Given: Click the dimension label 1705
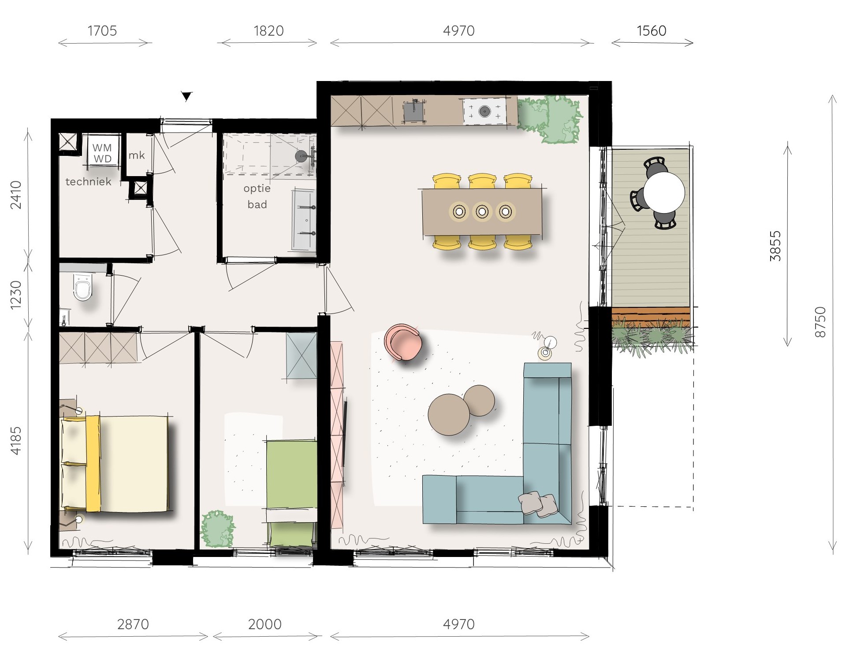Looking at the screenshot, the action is click(102, 31).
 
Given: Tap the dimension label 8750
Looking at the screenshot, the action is click(820, 322).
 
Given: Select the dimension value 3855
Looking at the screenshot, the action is click(775, 246).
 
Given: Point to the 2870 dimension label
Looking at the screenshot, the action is click(133, 624).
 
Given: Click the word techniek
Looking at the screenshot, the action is click(88, 181).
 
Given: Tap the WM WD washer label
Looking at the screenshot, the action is click(102, 153).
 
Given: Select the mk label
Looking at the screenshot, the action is click(137, 155).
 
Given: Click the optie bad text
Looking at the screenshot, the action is click(257, 196).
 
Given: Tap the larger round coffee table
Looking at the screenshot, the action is click(449, 414).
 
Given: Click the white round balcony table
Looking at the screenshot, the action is click(664, 192).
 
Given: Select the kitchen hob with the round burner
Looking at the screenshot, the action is click(484, 111).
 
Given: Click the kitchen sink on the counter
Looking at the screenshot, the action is click(414, 111).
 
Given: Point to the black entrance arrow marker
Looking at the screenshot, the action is click(187, 96).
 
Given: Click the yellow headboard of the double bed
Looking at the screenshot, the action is click(93, 463).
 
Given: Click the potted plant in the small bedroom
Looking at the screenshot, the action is click(218, 529).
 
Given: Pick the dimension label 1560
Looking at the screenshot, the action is click(652, 31).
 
